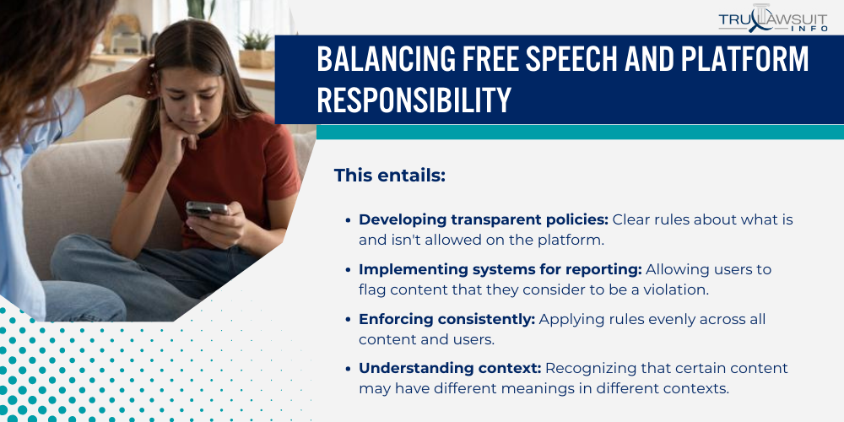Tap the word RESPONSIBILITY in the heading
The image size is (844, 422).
pos(414,100)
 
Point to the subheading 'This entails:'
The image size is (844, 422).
pos(389,176)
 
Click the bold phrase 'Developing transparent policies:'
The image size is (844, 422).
pos(483,219)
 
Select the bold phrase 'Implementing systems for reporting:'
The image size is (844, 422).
pos(500,269)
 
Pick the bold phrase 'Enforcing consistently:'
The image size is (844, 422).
pos(446,319)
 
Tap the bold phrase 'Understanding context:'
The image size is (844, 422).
pos(450,369)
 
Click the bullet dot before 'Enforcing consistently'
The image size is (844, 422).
pos(348,320)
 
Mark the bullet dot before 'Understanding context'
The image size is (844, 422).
pos(348,370)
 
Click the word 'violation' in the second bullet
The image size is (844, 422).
pos(679,290)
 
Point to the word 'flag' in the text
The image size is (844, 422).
pos(373,290)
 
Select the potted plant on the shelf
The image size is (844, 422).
pos(254,46)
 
